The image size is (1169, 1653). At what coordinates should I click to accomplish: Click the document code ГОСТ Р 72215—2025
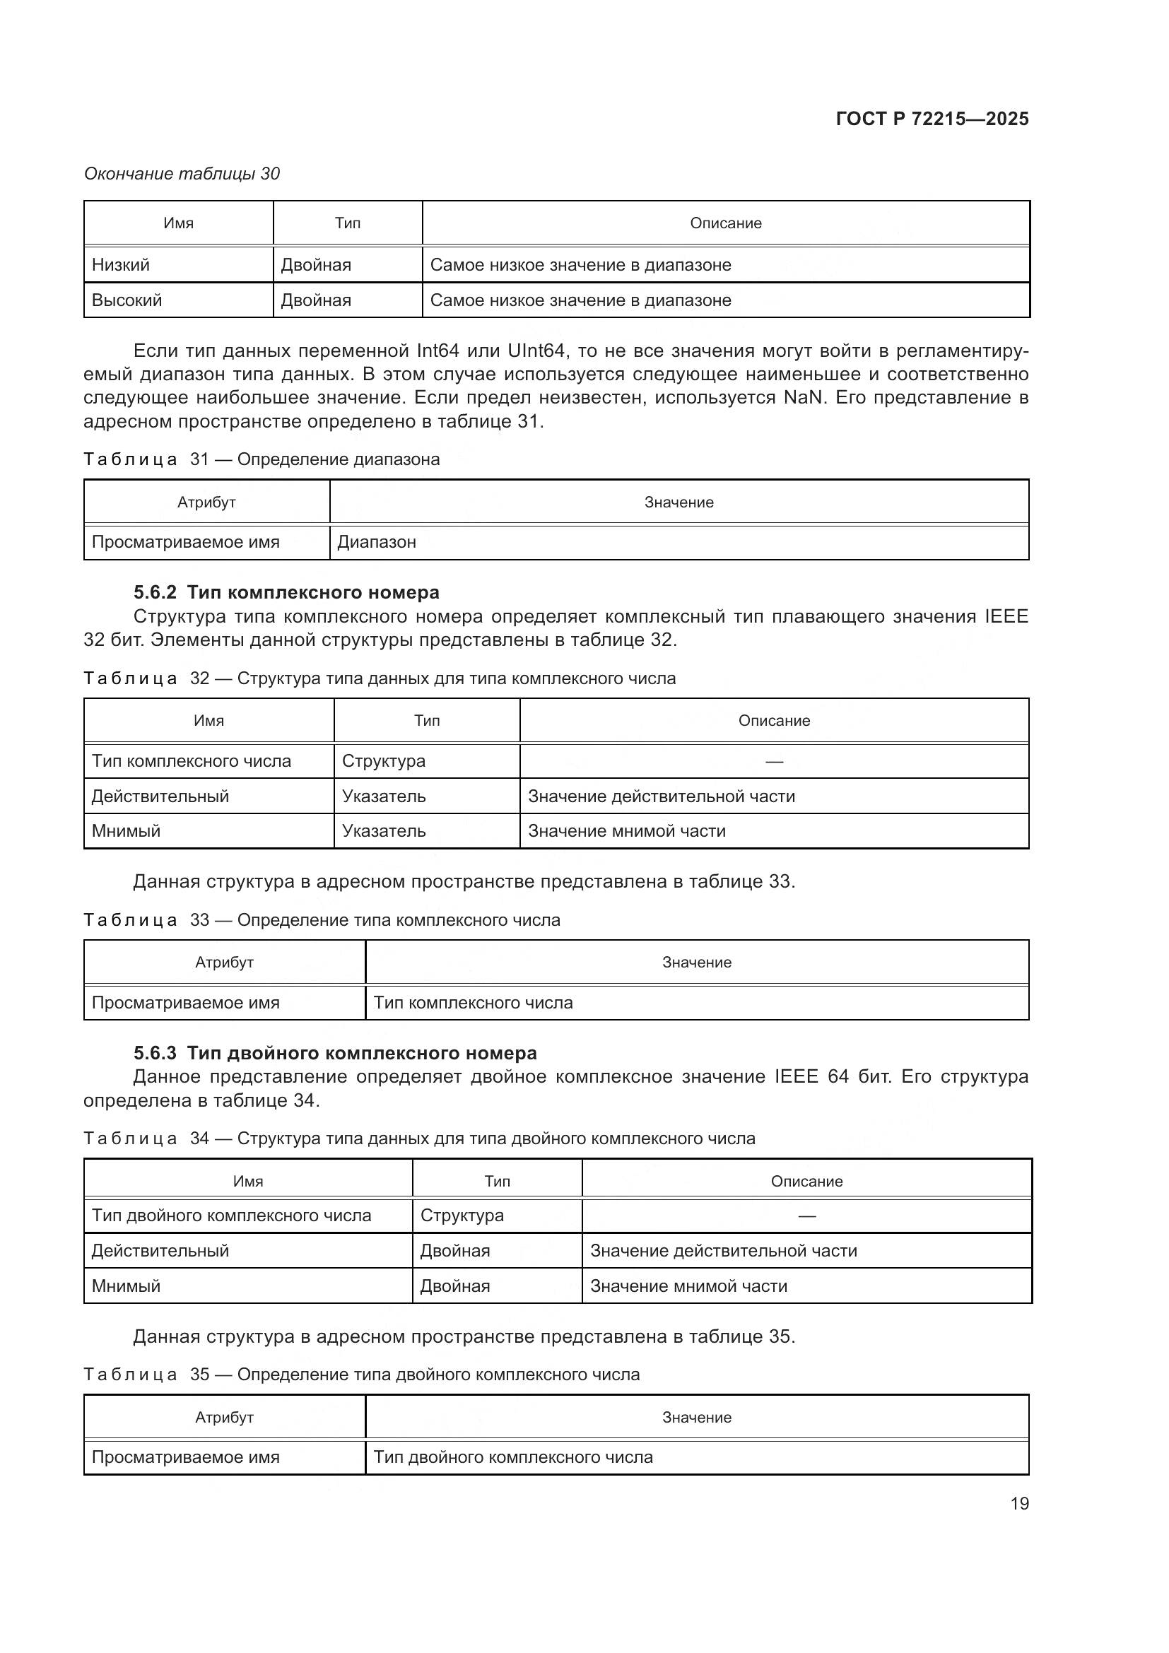point(932,119)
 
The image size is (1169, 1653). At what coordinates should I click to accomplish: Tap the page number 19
point(1019,1503)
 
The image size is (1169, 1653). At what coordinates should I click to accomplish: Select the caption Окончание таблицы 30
point(182,174)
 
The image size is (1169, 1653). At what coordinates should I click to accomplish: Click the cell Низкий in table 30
point(121,265)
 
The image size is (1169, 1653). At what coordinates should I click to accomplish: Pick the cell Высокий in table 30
point(127,300)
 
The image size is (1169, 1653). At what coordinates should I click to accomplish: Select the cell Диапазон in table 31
point(377,542)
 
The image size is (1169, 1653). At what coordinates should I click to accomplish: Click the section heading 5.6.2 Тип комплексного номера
point(286,592)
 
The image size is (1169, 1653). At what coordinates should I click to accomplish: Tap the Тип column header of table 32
point(427,721)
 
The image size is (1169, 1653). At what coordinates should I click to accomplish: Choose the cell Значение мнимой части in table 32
point(626,831)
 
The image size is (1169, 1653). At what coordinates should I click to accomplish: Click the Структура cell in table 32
point(384,761)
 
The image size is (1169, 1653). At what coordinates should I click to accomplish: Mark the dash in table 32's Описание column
point(774,762)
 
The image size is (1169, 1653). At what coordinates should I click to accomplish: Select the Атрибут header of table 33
point(225,963)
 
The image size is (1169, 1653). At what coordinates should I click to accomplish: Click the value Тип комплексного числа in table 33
point(473,1003)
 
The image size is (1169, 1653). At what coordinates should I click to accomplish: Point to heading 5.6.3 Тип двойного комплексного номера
point(335,1053)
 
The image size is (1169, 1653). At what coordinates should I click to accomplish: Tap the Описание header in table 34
point(806,1182)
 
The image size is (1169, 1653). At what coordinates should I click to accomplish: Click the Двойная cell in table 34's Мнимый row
point(455,1286)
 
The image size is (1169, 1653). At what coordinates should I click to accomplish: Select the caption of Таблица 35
point(361,1375)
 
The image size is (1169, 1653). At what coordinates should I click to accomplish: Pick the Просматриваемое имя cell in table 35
point(186,1457)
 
